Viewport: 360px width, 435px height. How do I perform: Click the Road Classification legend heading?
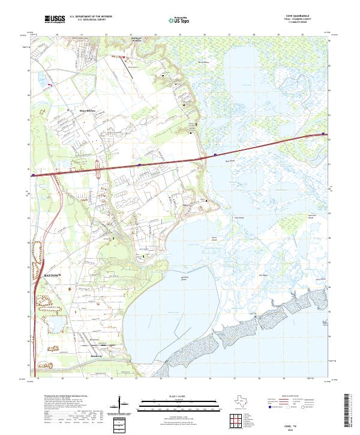[290, 397]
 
